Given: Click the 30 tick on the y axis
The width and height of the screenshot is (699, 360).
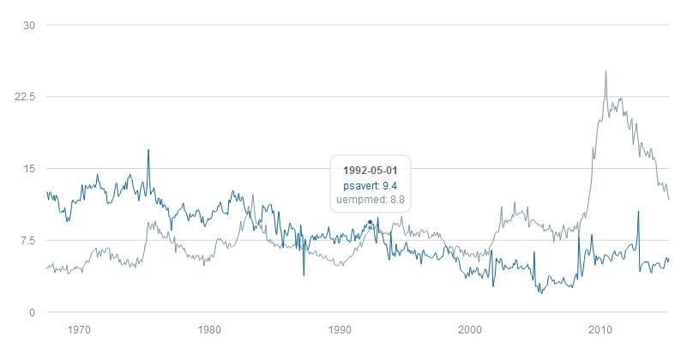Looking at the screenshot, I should point(28,25).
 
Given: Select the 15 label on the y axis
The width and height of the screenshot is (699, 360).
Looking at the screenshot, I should point(28,169).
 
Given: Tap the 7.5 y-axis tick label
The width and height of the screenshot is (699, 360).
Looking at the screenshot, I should point(27,241).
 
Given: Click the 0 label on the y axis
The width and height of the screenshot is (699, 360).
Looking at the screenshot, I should point(30,313).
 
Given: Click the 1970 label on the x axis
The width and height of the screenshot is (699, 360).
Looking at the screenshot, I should point(79,329).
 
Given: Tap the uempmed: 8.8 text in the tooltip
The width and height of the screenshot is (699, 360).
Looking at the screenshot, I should point(369,200).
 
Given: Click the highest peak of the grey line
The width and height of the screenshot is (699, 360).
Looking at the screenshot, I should point(606,72).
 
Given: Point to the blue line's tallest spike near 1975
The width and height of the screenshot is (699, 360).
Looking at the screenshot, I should point(148,150).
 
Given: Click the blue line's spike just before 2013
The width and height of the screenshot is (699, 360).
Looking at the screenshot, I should point(638,212).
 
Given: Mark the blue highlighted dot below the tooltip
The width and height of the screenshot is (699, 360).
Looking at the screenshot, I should point(370,222).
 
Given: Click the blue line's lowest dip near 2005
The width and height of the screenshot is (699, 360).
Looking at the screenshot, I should point(541,293).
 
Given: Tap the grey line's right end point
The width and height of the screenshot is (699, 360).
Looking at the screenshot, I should point(668,199).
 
